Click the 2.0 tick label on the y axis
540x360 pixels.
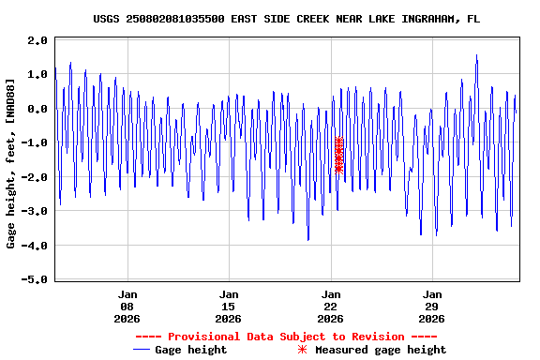pyautogui.click(x=37, y=41)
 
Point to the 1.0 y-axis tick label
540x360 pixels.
pyautogui.click(x=37, y=75)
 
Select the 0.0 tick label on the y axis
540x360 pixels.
pyautogui.click(x=37, y=110)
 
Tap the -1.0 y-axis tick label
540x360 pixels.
pyautogui.click(x=35, y=143)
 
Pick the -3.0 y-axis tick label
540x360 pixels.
pyautogui.click(x=35, y=212)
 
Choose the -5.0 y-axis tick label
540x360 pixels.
pyautogui.click(x=35, y=280)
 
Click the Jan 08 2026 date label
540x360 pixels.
pyautogui.click(x=127, y=306)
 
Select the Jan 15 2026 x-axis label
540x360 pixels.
pyautogui.click(x=229, y=306)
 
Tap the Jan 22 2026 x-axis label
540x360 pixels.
pyautogui.click(x=330, y=306)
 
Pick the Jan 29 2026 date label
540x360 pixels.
pyautogui.click(x=432, y=306)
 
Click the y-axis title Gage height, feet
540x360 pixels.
pyautogui.click(x=11, y=164)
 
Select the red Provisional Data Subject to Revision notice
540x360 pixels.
pyautogui.click(x=286, y=337)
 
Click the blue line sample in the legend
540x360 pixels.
pyautogui.click(x=142, y=350)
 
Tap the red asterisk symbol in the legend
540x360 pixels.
pyautogui.click(x=302, y=350)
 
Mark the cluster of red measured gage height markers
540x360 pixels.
pyautogui.click(x=338, y=155)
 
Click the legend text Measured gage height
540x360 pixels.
pyautogui.click(x=381, y=350)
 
